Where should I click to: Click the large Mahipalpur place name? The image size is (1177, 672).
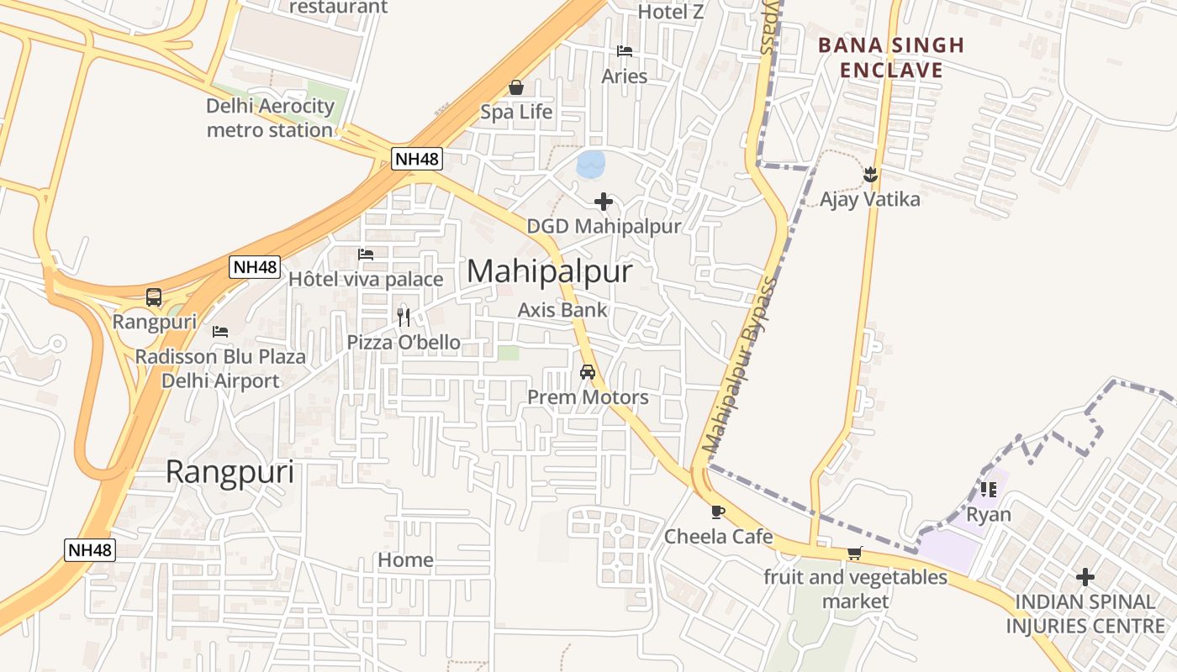click(x=549, y=271)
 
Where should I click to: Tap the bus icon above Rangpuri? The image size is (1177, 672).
click(x=154, y=297)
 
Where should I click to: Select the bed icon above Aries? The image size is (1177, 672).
click(x=625, y=51)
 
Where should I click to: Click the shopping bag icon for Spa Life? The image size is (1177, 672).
click(x=516, y=87)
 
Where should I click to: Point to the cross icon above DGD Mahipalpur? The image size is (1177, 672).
click(x=604, y=202)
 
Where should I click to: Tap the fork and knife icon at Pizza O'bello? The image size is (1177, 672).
click(x=404, y=317)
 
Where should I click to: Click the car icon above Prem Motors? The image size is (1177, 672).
click(x=588, y=372)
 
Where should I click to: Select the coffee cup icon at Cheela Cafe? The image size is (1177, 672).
click(x=717, y=512)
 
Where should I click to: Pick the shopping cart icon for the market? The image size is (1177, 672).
click(x=855, y=553)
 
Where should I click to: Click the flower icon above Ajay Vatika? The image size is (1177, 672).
click(x=870, y=175)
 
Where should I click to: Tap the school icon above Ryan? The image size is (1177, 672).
click(x=988, y=489)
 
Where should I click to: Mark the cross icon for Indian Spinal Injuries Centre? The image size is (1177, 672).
click(x=1085, y=577)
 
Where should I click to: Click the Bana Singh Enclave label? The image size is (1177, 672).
click(x=891, y=57)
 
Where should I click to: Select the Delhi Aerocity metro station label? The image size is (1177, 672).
click(x=270, y=118)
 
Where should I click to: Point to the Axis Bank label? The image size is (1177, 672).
click(x=562, y=309)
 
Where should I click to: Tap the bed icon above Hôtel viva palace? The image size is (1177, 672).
click(x=366, y=254)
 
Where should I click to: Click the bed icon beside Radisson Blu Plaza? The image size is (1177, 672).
click(x=220, y=332)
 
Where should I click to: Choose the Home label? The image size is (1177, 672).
click(x=405, y=559)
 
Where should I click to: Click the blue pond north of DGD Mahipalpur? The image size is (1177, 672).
click(x=591, y=163)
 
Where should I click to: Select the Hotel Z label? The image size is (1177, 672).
click(x=670, y=12)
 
